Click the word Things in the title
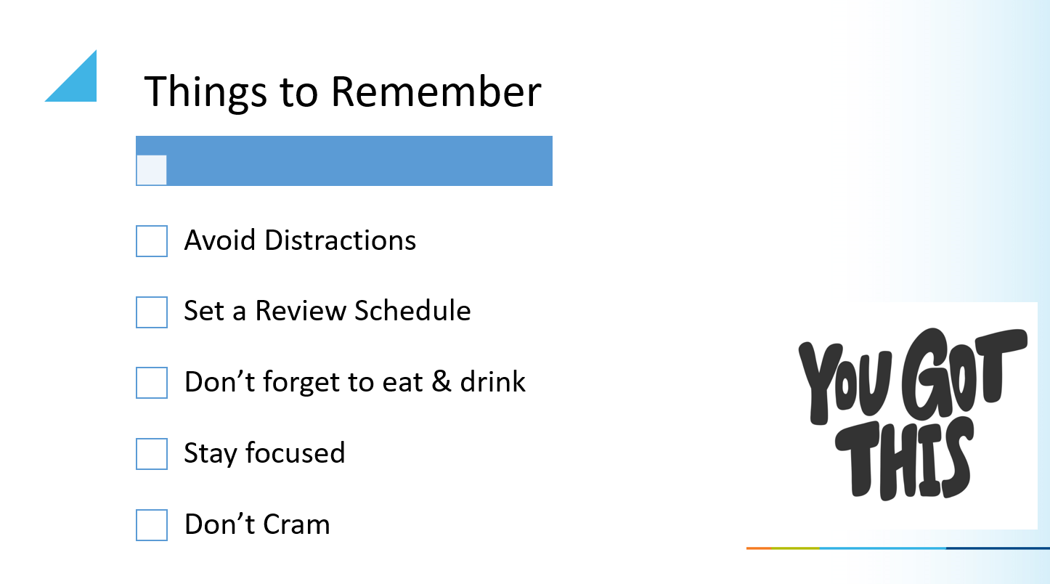(x=205, y=92)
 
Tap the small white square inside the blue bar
(x=152, y=170)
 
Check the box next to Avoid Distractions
(x=152, y=241)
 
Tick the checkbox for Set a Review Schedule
(x=152, y=312)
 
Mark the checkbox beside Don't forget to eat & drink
(x=152, y=383)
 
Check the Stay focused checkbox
(x=152, y=453)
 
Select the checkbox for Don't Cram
(x=152, y=525)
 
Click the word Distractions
(x=340, y=240)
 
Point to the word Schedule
(x=412, y=311)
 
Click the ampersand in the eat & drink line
(x=441, y=381)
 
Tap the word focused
(x=295, y=453)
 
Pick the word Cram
(x=296, y=524)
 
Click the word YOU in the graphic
(x=845, y=383)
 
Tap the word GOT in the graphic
(x=964, y=373)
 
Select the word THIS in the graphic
(x=903, y=459)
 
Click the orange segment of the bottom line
(x=759, y=548)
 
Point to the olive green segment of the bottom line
(x=795, y=548)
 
